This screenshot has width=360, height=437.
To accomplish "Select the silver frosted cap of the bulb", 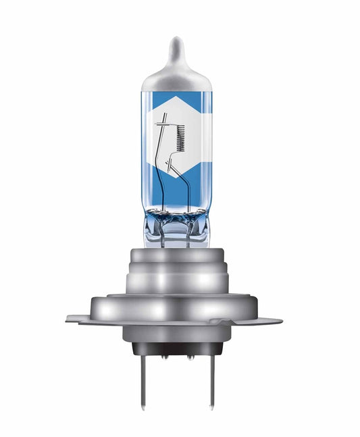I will (x=177, y=78).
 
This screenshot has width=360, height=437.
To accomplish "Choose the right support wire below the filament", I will (x=188, y=182).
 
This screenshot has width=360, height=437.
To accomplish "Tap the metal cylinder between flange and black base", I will (x=177, y=332).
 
